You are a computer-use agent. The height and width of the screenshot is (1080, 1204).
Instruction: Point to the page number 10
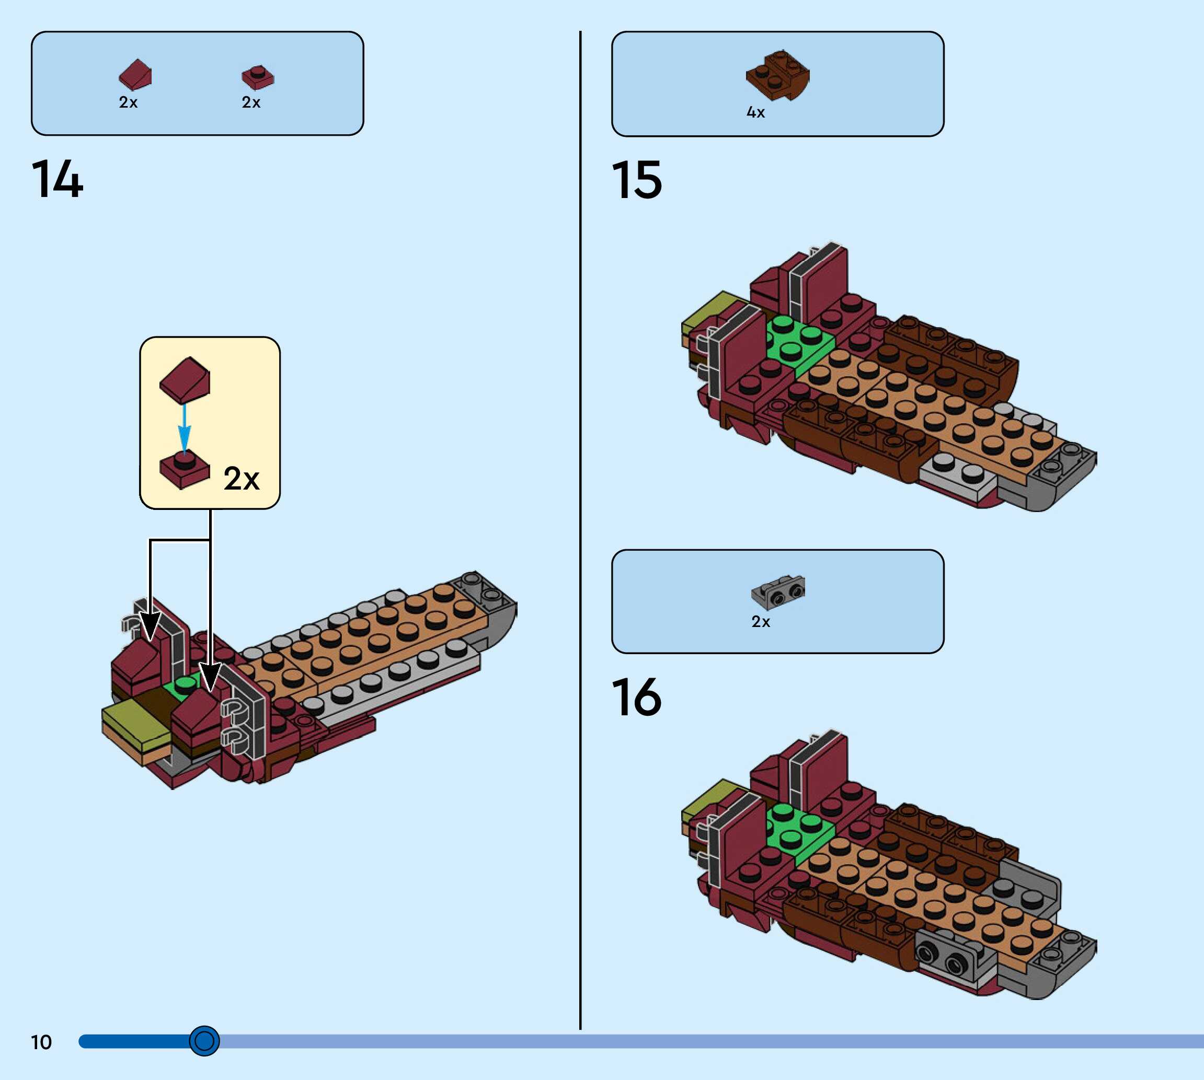[41, 1042]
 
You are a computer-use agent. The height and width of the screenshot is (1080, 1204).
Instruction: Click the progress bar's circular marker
[204, 1041]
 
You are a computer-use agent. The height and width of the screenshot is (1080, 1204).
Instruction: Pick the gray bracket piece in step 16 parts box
[778, 591]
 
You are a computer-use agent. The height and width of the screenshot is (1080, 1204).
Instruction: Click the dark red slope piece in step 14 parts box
[135, 74]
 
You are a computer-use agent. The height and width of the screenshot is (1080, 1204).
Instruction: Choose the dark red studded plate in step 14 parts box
[258, 77]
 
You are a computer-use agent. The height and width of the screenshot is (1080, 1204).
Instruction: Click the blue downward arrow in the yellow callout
[185, 427]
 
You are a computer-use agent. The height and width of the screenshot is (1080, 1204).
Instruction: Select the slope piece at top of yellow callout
[185, 380]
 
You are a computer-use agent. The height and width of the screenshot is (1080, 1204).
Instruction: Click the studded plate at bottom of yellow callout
[185, 470]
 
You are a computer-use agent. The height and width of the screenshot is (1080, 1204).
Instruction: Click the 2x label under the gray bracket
[761, 622]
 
